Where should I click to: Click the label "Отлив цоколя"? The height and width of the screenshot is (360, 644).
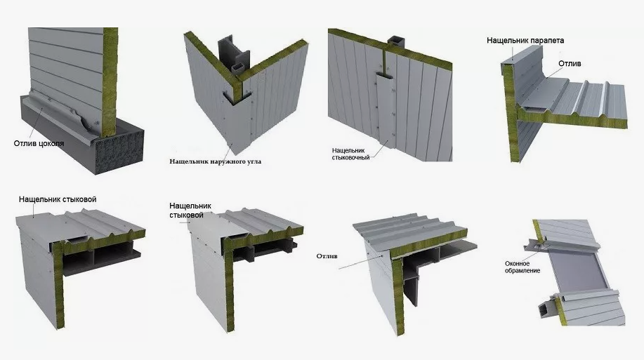pos(39,143)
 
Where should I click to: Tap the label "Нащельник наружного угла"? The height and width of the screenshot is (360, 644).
pos(215,161)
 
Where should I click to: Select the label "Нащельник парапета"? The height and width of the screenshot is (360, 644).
pos(525,40)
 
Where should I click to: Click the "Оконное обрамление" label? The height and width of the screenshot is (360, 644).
pos(523,267)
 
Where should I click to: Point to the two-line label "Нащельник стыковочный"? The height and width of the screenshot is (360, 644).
pos(350,154)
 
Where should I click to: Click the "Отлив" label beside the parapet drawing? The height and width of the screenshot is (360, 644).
pos(570,64)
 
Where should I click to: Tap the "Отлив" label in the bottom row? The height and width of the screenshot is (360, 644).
pos(327,256)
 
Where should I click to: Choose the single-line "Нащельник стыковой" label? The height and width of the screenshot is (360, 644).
pos(58,199)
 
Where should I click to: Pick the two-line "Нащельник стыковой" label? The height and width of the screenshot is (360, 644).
pos(190,210)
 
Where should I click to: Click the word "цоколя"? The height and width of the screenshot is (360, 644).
pos(51,143)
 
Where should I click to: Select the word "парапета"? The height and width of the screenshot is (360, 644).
pos(547,40)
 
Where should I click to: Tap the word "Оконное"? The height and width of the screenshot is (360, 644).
pos(517,264)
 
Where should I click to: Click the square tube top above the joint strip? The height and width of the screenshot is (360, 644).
pos(396,41)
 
